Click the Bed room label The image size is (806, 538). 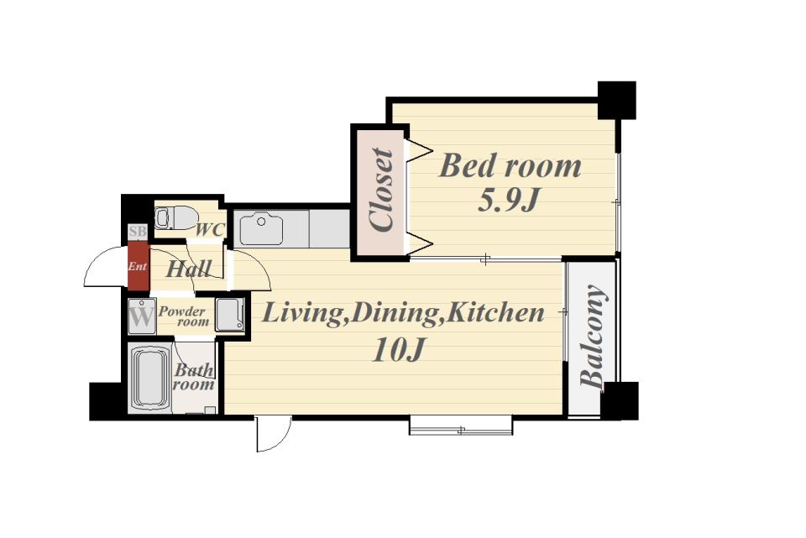pos(510,165)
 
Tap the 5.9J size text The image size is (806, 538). pos(509,200)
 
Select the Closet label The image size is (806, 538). pos(382,191)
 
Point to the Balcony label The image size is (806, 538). pos(593,336)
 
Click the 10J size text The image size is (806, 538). pos(397,350)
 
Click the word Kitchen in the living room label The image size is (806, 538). pos(494,312)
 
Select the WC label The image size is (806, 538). pos(210,230)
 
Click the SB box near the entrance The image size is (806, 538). pos(137,232)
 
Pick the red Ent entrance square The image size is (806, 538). pos(138,266)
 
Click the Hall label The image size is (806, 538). pos(188,269)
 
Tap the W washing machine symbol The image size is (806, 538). pos(141,316)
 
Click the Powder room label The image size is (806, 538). pos(184,316)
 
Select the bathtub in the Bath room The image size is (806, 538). pos(150,377)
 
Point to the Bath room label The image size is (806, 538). pos(194,377)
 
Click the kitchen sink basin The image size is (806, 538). pos(261,228)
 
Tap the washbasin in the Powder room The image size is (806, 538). pos(229,315)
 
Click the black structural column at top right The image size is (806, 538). pos(617,100)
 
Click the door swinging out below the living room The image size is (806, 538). pos(274,434)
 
